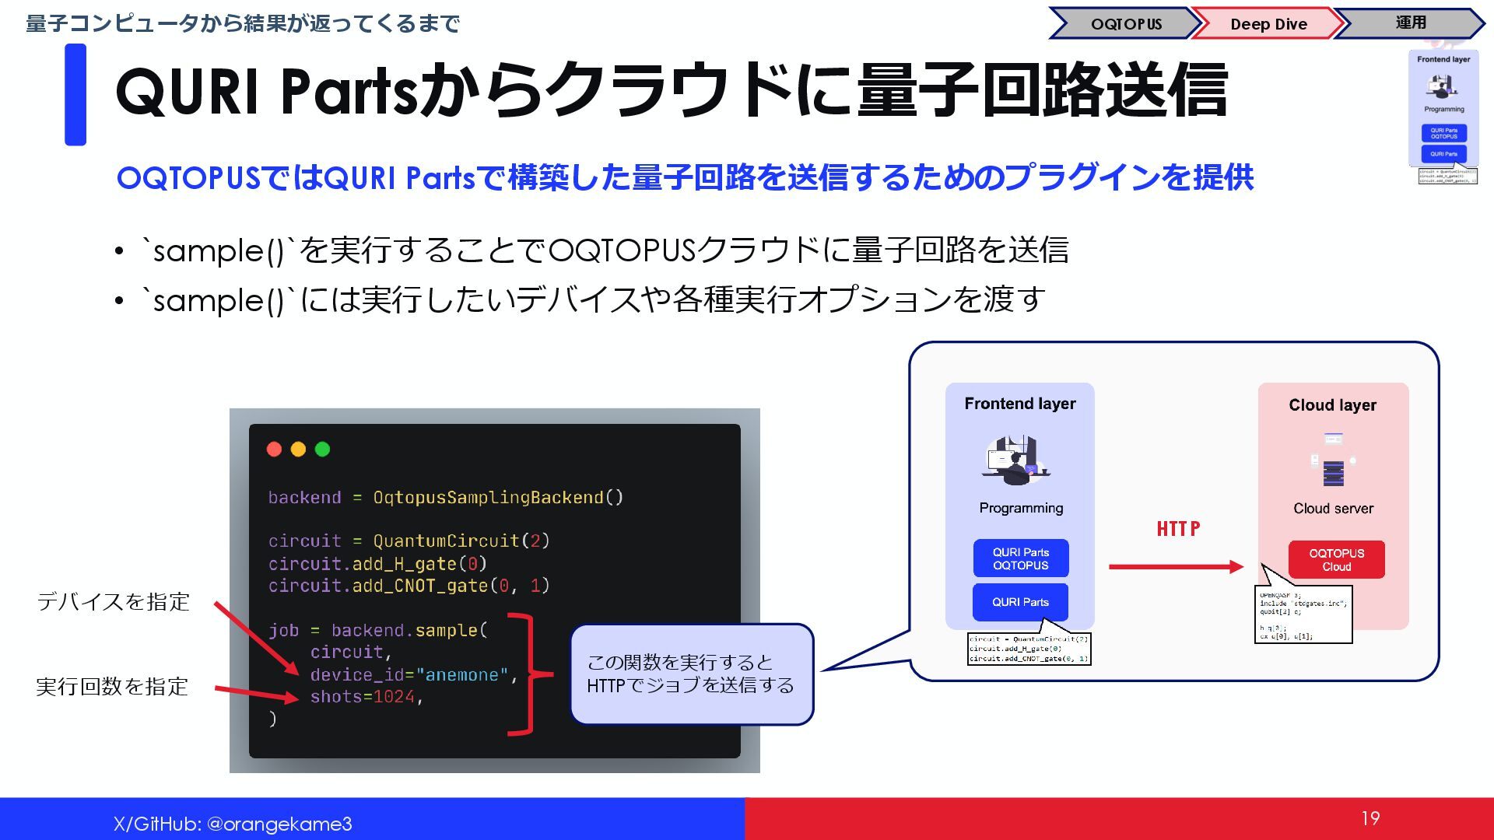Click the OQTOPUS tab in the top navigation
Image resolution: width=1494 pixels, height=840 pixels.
[1125, 24]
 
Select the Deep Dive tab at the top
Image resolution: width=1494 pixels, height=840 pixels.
[1268, 24]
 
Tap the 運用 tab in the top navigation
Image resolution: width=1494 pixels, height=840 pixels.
[1410, 23]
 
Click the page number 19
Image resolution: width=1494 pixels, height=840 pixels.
[1370, 818]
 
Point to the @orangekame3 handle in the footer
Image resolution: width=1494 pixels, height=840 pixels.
[279, 824]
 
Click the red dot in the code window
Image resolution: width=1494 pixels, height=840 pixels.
[274, 449]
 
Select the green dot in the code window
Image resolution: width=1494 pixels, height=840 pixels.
[322, 449]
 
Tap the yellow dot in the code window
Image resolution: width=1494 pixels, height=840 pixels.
[298, 449]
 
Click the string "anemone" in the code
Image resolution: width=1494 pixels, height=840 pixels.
[462, 675]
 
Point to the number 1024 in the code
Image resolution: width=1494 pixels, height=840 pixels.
[394, 697]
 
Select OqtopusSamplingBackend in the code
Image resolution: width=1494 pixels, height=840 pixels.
[488, 498]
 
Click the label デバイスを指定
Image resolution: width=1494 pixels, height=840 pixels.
[114, 601]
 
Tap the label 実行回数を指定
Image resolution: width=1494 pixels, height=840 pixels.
[112, 686]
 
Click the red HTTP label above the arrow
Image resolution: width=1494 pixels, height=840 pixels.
[1177, 529]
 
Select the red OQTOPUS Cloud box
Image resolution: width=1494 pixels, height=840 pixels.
[1336, 559]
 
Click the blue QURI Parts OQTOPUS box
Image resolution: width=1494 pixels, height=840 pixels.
[1020, 558]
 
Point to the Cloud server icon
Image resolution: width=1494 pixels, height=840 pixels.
[1333, 460]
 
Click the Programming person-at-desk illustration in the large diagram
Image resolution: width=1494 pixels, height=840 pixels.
[1015, 460]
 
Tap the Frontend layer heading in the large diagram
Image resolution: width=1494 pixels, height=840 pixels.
[1019, 404]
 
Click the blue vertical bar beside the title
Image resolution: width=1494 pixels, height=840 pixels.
[75, 95]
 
